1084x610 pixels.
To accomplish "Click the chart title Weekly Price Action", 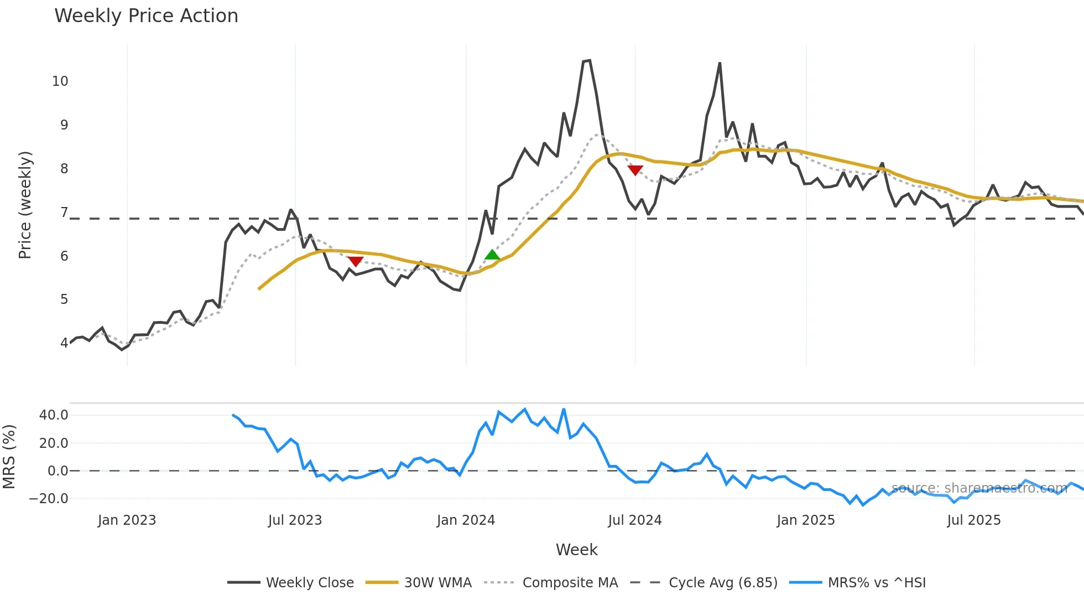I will click(146, 16).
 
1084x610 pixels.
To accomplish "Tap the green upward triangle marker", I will click(492, 255).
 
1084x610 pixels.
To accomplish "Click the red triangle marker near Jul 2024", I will click(635, 170).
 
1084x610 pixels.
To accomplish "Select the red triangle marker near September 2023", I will click(356, 261).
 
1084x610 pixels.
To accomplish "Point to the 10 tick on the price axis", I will click(60, 81).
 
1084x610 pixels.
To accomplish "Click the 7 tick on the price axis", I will click(64, 213).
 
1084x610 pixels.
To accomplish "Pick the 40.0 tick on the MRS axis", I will click(54, 415).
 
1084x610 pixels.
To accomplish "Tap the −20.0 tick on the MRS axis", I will click(49, 498).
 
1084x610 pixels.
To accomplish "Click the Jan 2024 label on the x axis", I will click(466, 520).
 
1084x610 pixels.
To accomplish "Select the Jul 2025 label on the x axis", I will click(973, 520).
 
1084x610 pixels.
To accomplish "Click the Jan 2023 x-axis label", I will click(127, 520).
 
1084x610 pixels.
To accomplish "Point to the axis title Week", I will click(576, 550).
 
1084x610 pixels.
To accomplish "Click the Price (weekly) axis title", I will click(25, 205).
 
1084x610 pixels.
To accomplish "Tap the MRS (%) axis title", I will click(9, 457).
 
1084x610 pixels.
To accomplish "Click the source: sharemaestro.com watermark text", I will click(979, 488).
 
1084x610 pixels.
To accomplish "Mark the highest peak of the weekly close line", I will click(589, 60).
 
